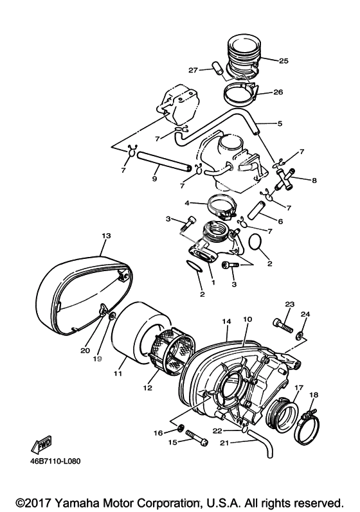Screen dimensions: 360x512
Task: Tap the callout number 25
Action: [283, 61]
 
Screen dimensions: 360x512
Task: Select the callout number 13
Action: [106, 235]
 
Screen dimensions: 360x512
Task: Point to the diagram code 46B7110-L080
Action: [52, 461]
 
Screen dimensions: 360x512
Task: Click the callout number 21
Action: [224, 443]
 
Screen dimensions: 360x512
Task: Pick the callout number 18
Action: [314, 395]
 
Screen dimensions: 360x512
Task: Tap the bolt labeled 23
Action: [283, 326]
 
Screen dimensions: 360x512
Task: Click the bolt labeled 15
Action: [197, 438]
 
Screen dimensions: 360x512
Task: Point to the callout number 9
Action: [154, 179]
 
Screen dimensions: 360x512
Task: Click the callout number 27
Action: [194, 70]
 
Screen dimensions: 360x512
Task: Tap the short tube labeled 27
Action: [218, 68]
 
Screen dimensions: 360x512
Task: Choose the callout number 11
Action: [118, 373]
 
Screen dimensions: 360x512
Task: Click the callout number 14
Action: [227, 321]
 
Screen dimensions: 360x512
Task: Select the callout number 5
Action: [280, 124]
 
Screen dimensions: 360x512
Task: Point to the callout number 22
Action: [217, 431]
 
